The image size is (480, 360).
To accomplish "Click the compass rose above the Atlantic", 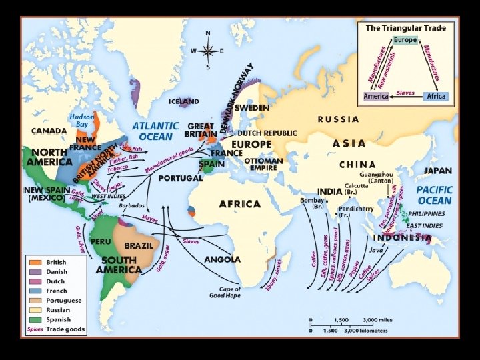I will click(x=208, y=50).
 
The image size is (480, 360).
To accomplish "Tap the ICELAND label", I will click(x=184, y=101).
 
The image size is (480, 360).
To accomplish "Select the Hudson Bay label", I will click(x=81, y=120).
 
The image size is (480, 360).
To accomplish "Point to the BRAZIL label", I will click(x=139, y=245).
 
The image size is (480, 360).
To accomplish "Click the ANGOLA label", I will click(x=223, y=259).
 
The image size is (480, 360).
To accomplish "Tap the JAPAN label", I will click(x=437, y=171).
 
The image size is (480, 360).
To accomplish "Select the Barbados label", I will click(x=131, y=206).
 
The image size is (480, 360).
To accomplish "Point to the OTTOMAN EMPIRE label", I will click(x=265, y=164).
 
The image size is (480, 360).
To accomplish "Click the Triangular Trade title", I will click(x=406, y=29).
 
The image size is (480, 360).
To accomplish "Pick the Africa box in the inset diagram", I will click(x=435, y=96).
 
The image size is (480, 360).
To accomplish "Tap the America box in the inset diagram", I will click(x=375, y=96).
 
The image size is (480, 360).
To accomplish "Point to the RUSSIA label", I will click(x=338, y=119).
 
